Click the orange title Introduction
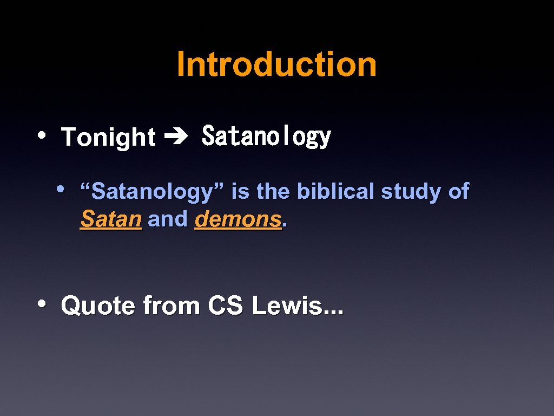coord(276,64)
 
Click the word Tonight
coord(108,137)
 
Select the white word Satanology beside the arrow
coord(266,136)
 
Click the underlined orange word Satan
coord(111,219)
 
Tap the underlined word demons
coord(238,219)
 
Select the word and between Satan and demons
coord(168,219)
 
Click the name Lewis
coord(289,306)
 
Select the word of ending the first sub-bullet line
coord(458,191)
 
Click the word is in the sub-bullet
coord(240,191)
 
